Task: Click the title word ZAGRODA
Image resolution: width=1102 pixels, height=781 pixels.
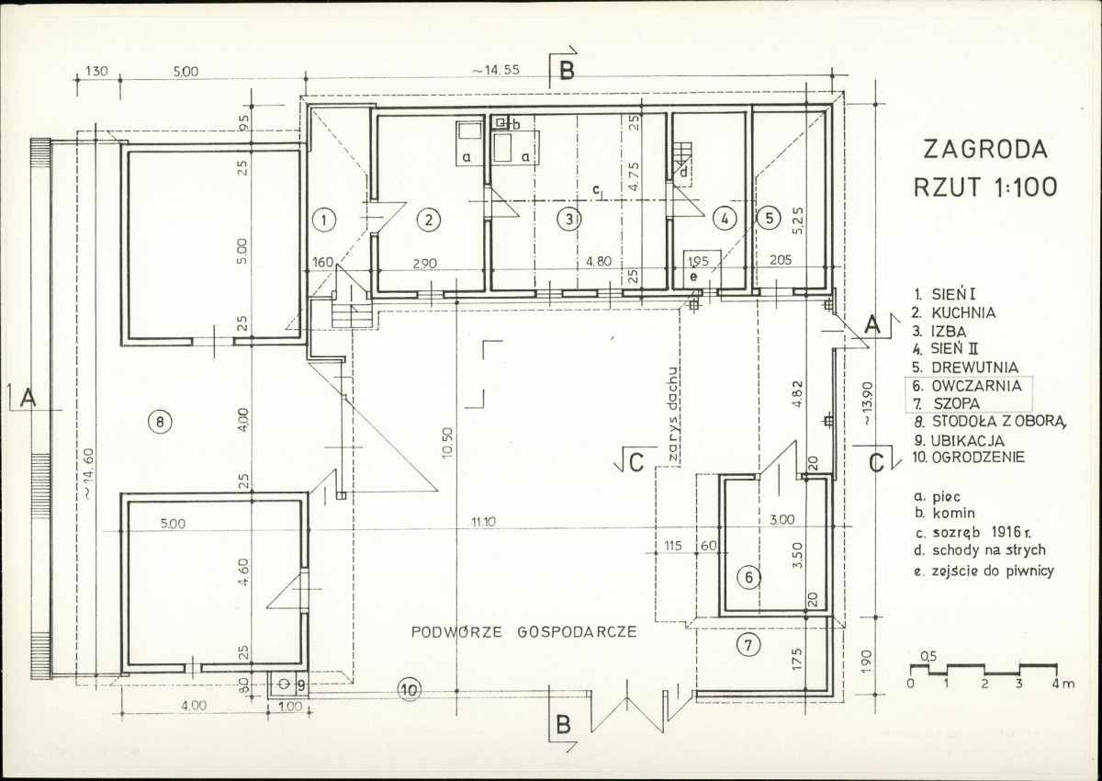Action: click(984, 150)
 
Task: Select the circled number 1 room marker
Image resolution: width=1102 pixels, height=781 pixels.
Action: click(325, 221)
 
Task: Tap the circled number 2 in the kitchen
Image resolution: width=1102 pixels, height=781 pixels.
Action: click(429, 220)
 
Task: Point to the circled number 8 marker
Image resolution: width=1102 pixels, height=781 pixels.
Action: click(160, 421)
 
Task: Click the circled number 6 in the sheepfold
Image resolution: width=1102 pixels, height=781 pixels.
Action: click(748, 577)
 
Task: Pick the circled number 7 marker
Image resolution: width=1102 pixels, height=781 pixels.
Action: click(748, 645)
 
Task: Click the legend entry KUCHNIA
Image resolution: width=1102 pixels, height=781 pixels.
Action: click(963, 313)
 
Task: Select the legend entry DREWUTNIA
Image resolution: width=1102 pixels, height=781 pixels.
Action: click(974, 368)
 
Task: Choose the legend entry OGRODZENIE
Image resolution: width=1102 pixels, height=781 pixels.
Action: click(978, 458)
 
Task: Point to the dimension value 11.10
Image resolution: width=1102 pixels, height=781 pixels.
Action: click(484, 522)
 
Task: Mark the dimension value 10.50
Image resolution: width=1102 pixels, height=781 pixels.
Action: click(447, 443)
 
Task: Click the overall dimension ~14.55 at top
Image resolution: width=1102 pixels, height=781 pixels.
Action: click(496, 71)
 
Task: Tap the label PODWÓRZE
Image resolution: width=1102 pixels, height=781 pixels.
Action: click(456, 631)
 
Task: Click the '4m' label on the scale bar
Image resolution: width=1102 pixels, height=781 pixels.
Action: click(1065, 684)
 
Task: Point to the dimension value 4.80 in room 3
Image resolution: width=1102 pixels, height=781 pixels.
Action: click(599, 261)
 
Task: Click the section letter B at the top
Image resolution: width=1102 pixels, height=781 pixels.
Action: click(567, 72)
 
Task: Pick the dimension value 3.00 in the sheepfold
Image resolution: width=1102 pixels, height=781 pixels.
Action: click(782, 520)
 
